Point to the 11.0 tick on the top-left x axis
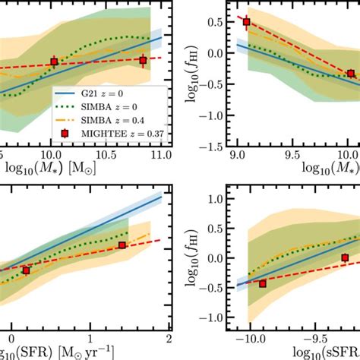coord(160,154)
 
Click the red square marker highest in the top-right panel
coord(246,22)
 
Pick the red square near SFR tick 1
coord(122,245)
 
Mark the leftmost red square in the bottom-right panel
coord(263,283)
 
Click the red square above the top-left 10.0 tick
coord(54,62)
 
